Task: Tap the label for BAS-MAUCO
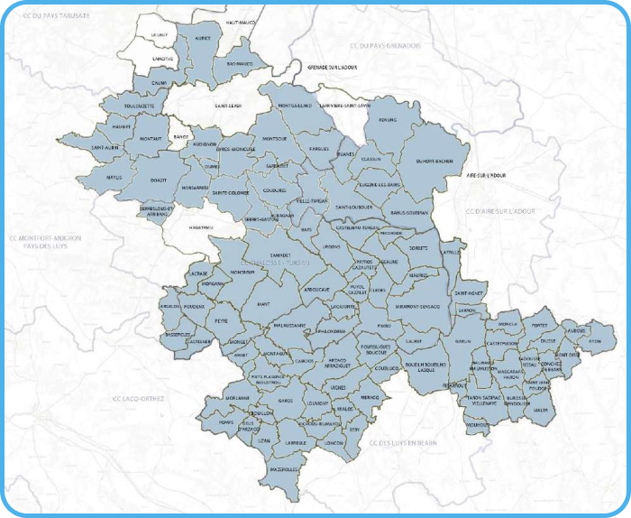240,64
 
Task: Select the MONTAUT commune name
151,139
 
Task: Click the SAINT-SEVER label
226,106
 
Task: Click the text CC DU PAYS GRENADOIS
385,45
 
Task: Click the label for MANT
263,304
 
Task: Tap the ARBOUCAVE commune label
316,290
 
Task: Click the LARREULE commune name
295,443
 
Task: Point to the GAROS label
286,400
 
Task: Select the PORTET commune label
540,324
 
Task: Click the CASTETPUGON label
501,344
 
